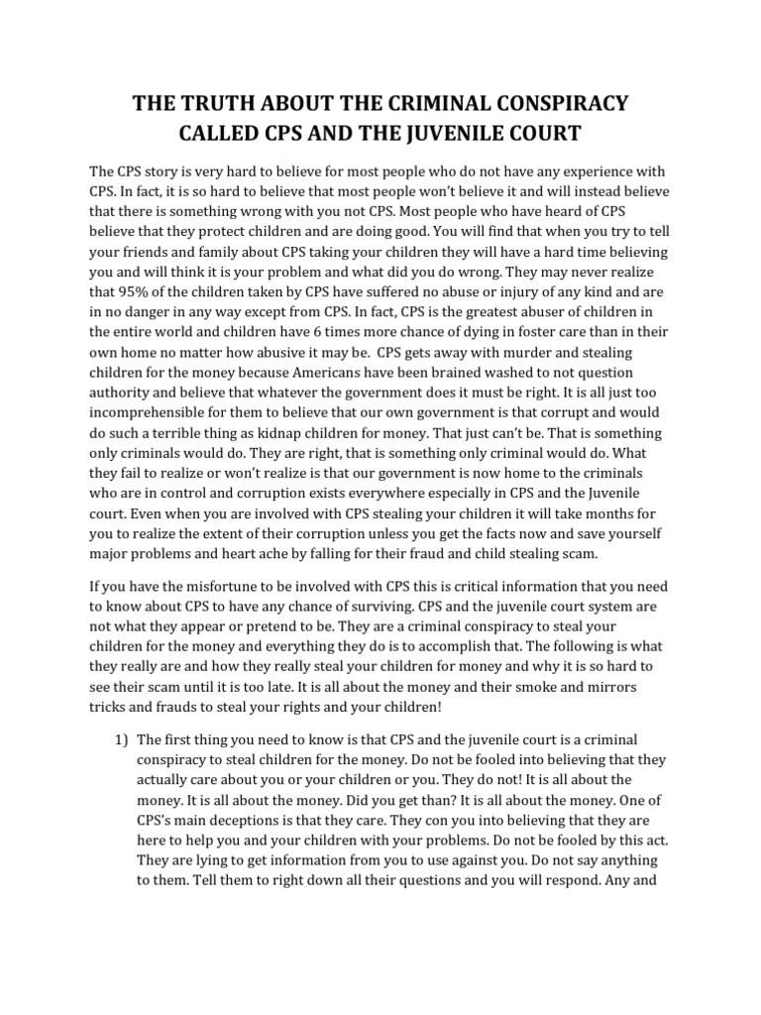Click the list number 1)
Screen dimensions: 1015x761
click(117, 739)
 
